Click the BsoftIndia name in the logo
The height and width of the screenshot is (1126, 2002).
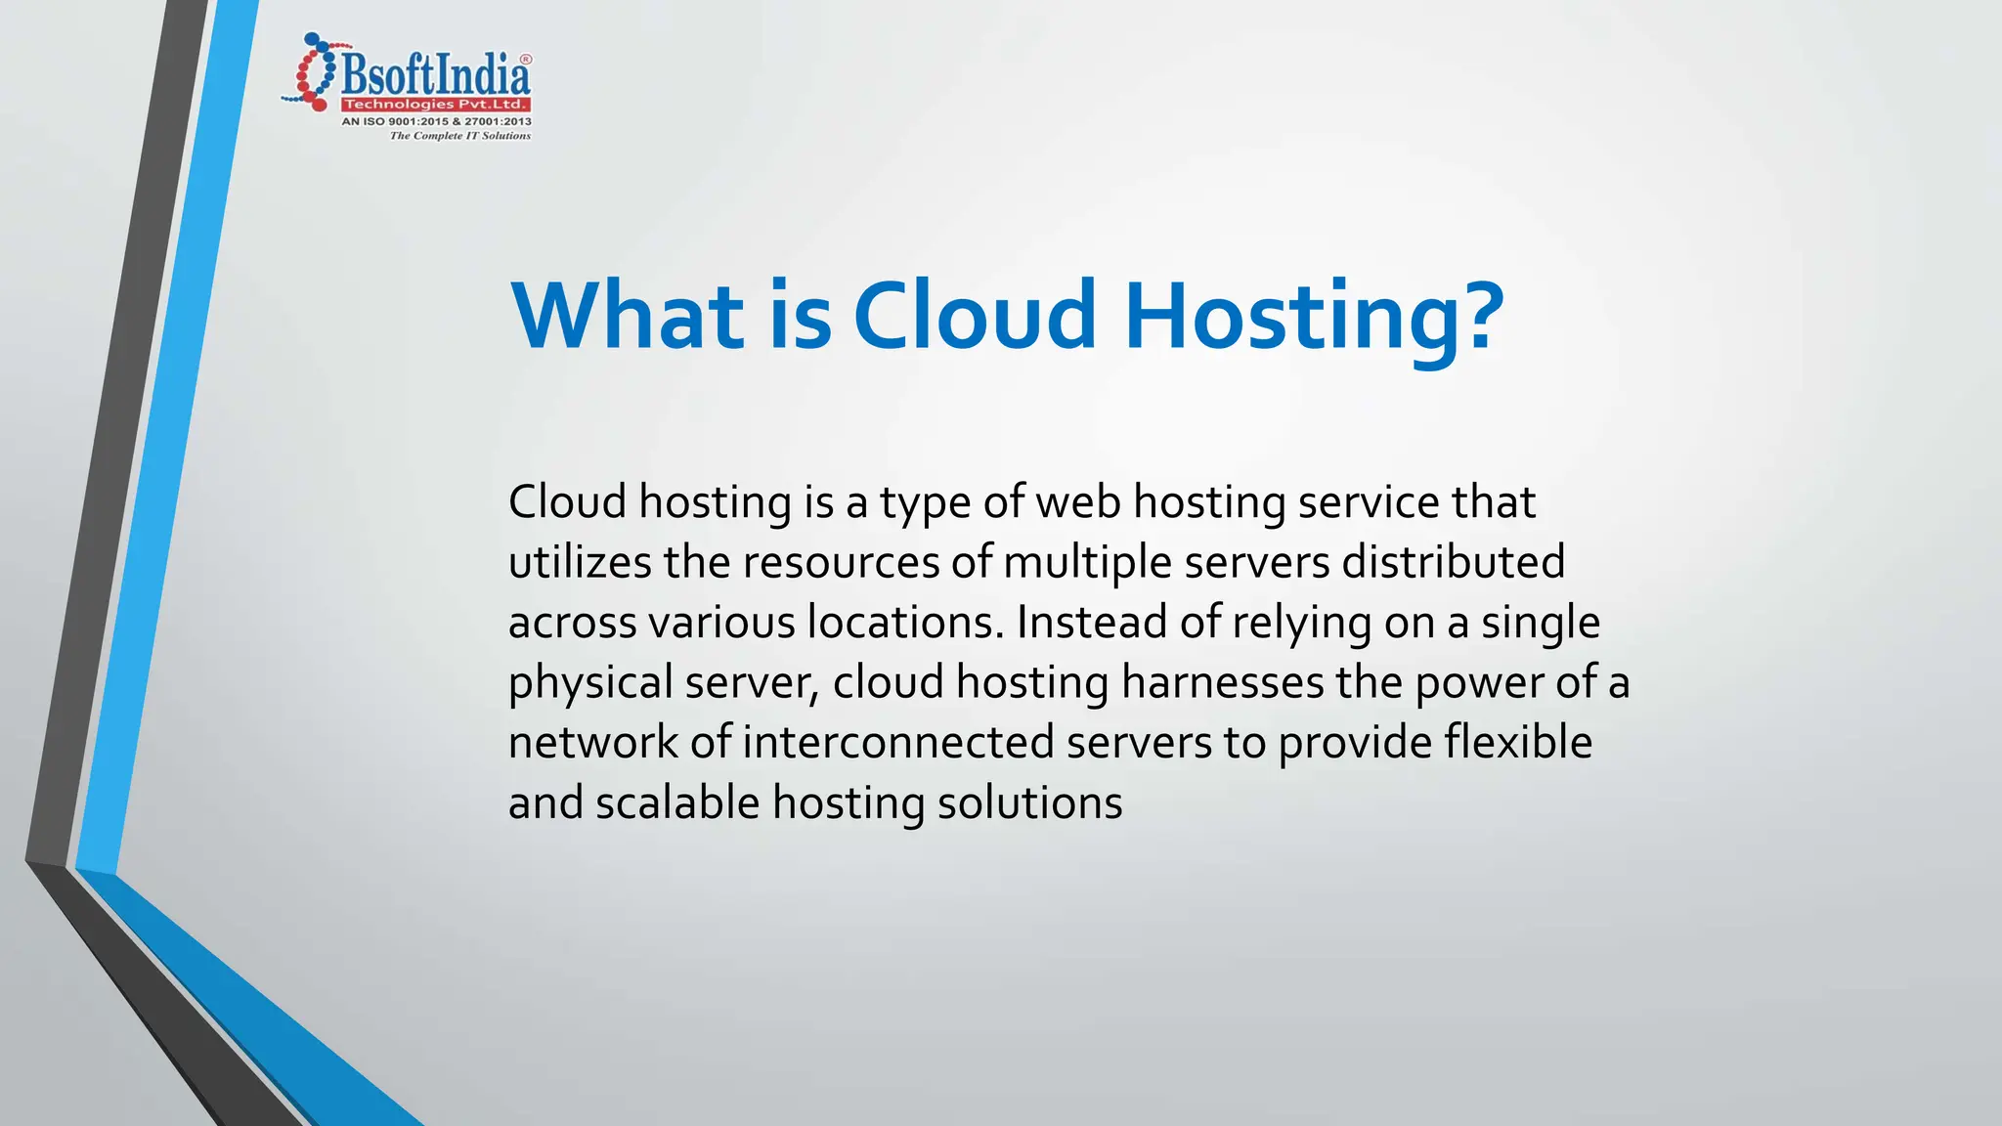(x=436, y=74)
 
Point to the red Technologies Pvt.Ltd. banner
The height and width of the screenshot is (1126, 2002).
(x=435, y=105)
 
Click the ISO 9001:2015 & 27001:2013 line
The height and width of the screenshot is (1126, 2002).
(x=436, y=121)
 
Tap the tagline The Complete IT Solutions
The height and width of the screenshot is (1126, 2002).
(x=459, y=136)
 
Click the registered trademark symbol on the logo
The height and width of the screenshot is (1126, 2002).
(x=525, y=60)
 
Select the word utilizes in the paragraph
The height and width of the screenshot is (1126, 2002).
(x=580, y=562)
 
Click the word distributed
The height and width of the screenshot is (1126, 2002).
(x=1453, y=562)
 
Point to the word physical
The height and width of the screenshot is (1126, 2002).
(x=590, y=683)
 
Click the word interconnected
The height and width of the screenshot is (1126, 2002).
(x=898, y=743)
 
